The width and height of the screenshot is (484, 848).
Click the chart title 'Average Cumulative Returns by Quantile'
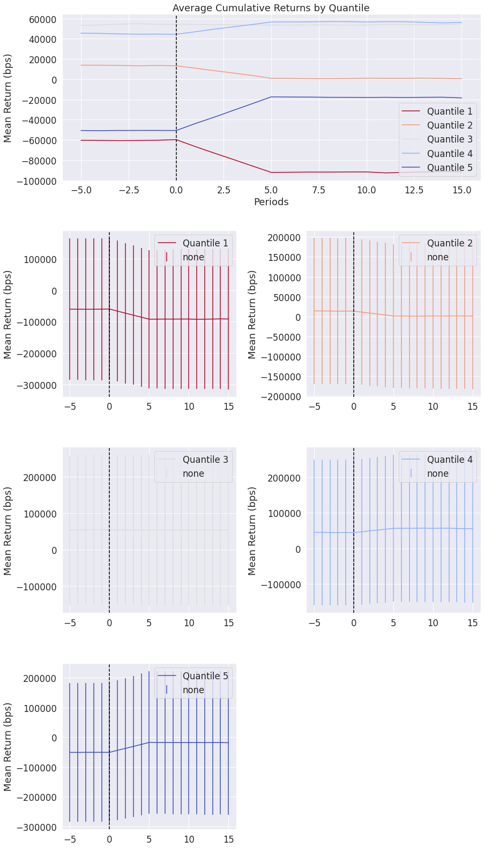[271, 8]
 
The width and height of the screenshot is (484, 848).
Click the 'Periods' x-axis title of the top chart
[271, 202]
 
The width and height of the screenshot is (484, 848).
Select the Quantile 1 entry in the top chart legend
[449, 111]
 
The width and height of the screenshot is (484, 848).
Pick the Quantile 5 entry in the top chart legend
[449, 168]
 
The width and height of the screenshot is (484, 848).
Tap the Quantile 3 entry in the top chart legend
[449, 140]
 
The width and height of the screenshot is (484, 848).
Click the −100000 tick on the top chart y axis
[37, 181]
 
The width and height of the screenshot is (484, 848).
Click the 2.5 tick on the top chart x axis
[224, 190]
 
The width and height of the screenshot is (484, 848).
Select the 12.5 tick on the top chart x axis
[414, 190]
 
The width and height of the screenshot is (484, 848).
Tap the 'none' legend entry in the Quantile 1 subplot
[193, 257]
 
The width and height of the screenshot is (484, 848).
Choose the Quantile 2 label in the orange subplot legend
[449, 243]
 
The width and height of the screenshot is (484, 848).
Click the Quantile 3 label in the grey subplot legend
[205, 460]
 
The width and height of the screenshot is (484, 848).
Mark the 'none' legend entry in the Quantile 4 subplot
[437, 474]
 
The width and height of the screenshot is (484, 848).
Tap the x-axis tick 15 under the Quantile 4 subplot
[473, 623]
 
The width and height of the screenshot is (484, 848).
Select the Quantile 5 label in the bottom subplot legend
[205, 676]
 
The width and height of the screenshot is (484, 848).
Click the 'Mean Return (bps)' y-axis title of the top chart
[8, 98]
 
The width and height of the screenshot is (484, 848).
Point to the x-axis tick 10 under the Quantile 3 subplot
[189, 623]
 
